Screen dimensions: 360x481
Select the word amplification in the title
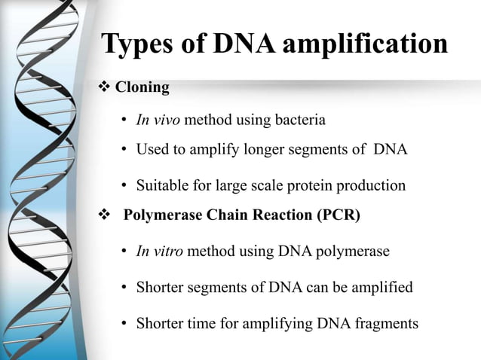tap(369, 44)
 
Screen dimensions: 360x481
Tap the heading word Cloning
tap(142, 87)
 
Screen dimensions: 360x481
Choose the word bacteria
tap(302, 120)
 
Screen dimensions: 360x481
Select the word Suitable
tap(161, 185)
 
